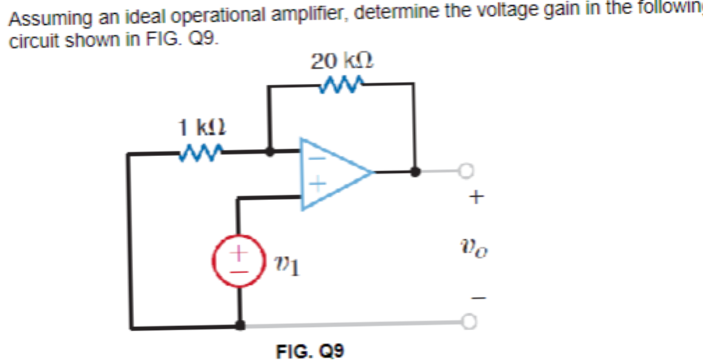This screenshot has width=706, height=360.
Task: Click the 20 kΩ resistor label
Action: click(x=341, y=61)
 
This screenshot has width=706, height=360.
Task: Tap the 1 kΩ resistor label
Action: click(x=202, y=128)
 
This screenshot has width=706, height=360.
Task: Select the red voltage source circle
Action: click(x=239, y=261)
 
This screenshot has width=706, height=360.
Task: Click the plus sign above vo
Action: click(x=476, y=196)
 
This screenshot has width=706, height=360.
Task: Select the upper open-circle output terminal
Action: click(x=466, y=170)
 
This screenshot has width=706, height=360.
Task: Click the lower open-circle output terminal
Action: click(x=469, y=322)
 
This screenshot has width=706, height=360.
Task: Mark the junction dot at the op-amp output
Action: click(x=415, y=171)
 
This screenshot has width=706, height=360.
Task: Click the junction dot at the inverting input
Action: click(x=269, y=151)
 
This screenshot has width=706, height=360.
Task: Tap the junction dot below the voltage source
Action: click(x=240, y=326)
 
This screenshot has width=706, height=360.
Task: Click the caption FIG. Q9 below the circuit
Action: click(x=310, y=352)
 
